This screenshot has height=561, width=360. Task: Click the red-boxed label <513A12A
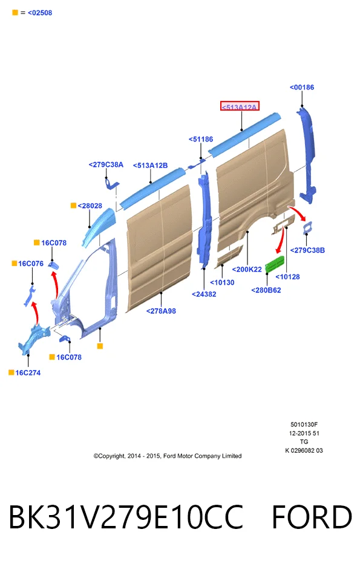[x=239, y=106]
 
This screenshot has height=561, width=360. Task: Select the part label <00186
[x=301, y=87]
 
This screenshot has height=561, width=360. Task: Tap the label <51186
[x=201, y=139]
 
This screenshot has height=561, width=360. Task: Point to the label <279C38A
[x=106, y=164]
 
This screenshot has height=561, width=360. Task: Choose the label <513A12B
[x=150, y=165]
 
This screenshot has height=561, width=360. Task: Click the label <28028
[x=90, y=206]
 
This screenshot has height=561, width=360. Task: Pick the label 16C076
[x=31, y=264]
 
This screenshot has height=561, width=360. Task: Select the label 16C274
[x=28, y=373]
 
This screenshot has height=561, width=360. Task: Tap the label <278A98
[x=161, y=311]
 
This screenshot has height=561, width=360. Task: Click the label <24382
[x=204, y=294]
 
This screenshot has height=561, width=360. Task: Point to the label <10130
[x=222, y=283]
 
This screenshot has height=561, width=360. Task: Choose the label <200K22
[x=247, y=270]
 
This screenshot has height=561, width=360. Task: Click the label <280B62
[x=266, y=290]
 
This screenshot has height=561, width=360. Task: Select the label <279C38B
[x=307, y=250]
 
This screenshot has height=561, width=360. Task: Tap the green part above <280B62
[x=275, y=264]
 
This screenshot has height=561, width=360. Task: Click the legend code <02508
[x=40, y=13]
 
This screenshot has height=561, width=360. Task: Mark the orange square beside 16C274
[x=11, y=372]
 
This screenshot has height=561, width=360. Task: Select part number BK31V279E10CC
[x=126, y=517]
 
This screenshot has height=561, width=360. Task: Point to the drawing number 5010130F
[x=304, y=425]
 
